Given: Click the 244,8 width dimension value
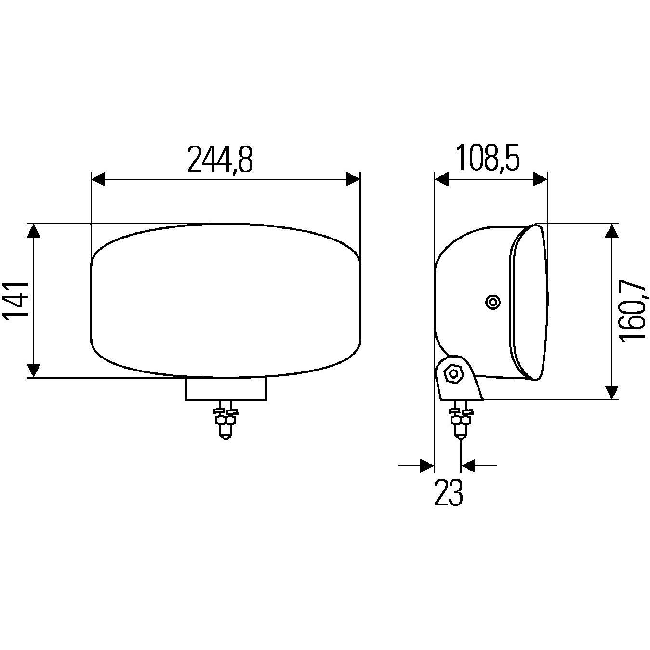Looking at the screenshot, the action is coord(220,159).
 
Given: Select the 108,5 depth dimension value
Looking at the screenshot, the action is coord(488,158).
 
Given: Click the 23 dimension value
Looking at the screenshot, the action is coord(448,493).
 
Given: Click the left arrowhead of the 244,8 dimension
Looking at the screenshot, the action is coord(98,179).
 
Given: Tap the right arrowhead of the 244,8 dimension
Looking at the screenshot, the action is coord(353,179).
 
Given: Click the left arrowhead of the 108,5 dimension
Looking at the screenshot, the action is coord(442,179).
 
